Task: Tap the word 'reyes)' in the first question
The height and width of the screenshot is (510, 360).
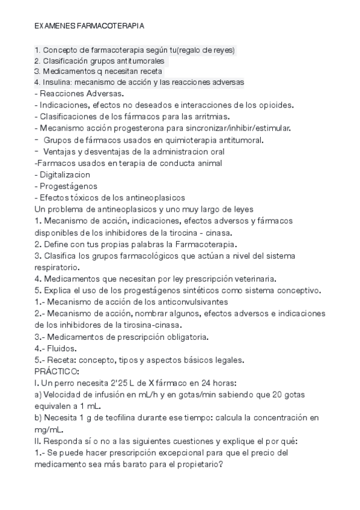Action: click(x=222, y=50)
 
